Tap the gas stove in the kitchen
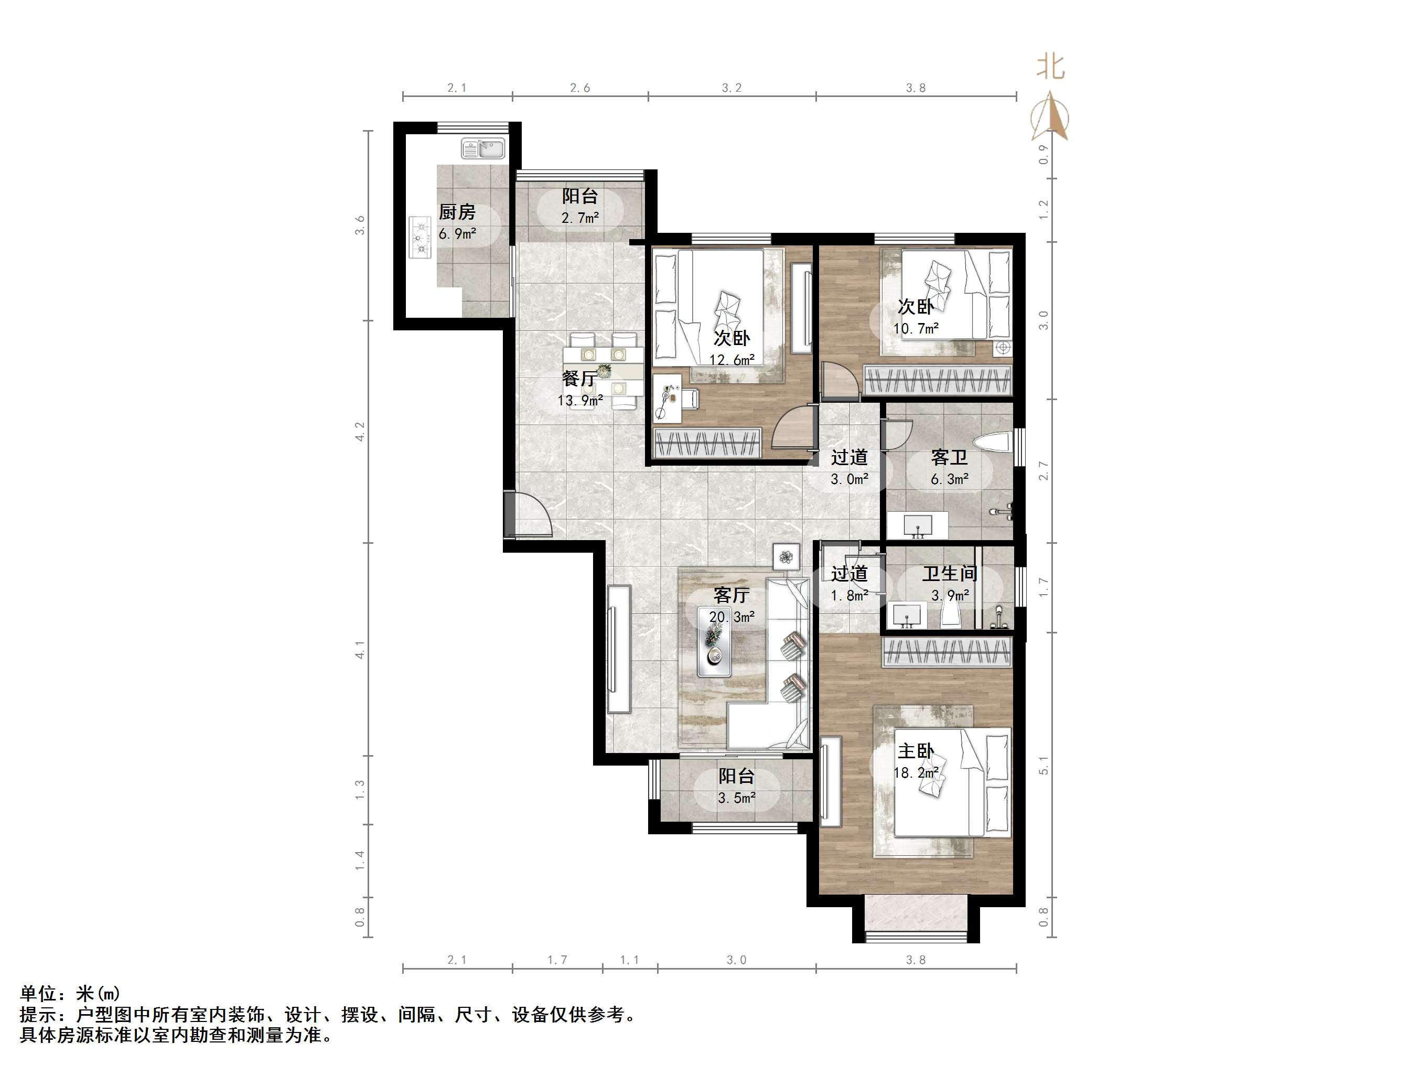[x=421, y=237]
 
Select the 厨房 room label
[x=457, y=211]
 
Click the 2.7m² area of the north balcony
[x=580, y=218]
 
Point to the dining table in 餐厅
[x=604, y=371]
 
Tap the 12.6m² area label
[x=732, y=360]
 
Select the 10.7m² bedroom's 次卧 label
[x=916, y=307]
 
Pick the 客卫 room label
[x=950, y=458]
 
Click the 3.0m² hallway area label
[x=850, y=479]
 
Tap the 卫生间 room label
[x=950, y=573]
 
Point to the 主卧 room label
[x=916, y=751]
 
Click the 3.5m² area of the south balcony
[x=737, y=799]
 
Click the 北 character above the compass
[x=1051, y=67]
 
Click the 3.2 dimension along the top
[x=732, y=88]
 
